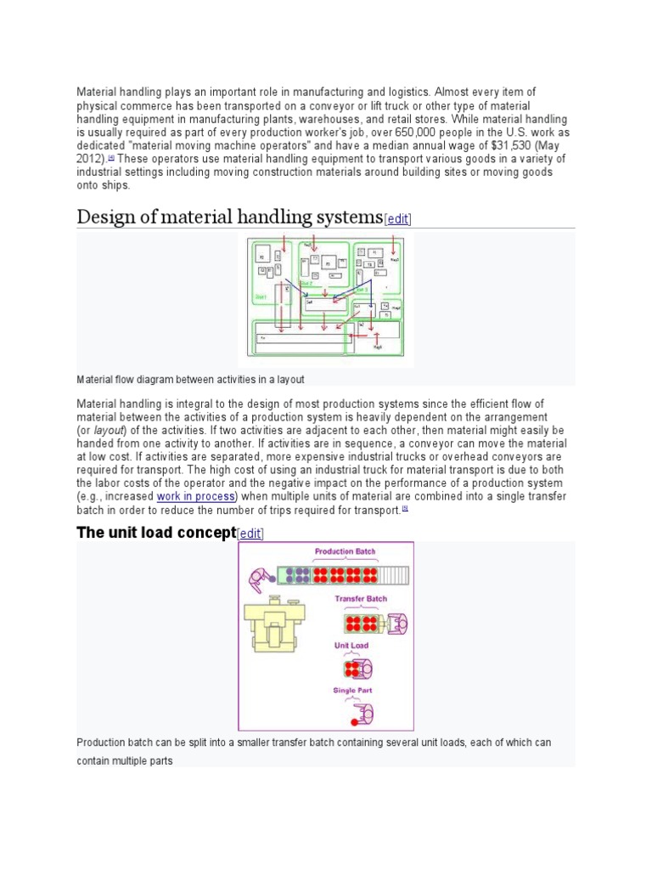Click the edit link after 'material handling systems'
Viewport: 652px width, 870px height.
pyautogui.click(x=398, y=219)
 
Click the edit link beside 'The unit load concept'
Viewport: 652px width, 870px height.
pyautogui.click(x=250, y=534)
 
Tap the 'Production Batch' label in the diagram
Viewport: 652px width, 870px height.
pyautogui.click(x=345, y=552)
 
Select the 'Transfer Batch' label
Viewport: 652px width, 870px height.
pyautogui.click(x=361, y=599)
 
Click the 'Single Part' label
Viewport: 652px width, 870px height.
pyautogui.click(x=352, y=691)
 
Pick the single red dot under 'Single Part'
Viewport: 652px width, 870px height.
pyautogui.click(x=353, y=722)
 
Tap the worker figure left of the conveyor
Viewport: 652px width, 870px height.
pyautogui.click(x=260, y=580)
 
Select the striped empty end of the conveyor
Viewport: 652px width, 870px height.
pyautogui.click(x=394, y=575)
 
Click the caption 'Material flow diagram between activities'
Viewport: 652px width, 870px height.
pyautogui.click(x=190, y=379)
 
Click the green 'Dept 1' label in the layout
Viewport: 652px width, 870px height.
pyautogui.click(x=261, y=297)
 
